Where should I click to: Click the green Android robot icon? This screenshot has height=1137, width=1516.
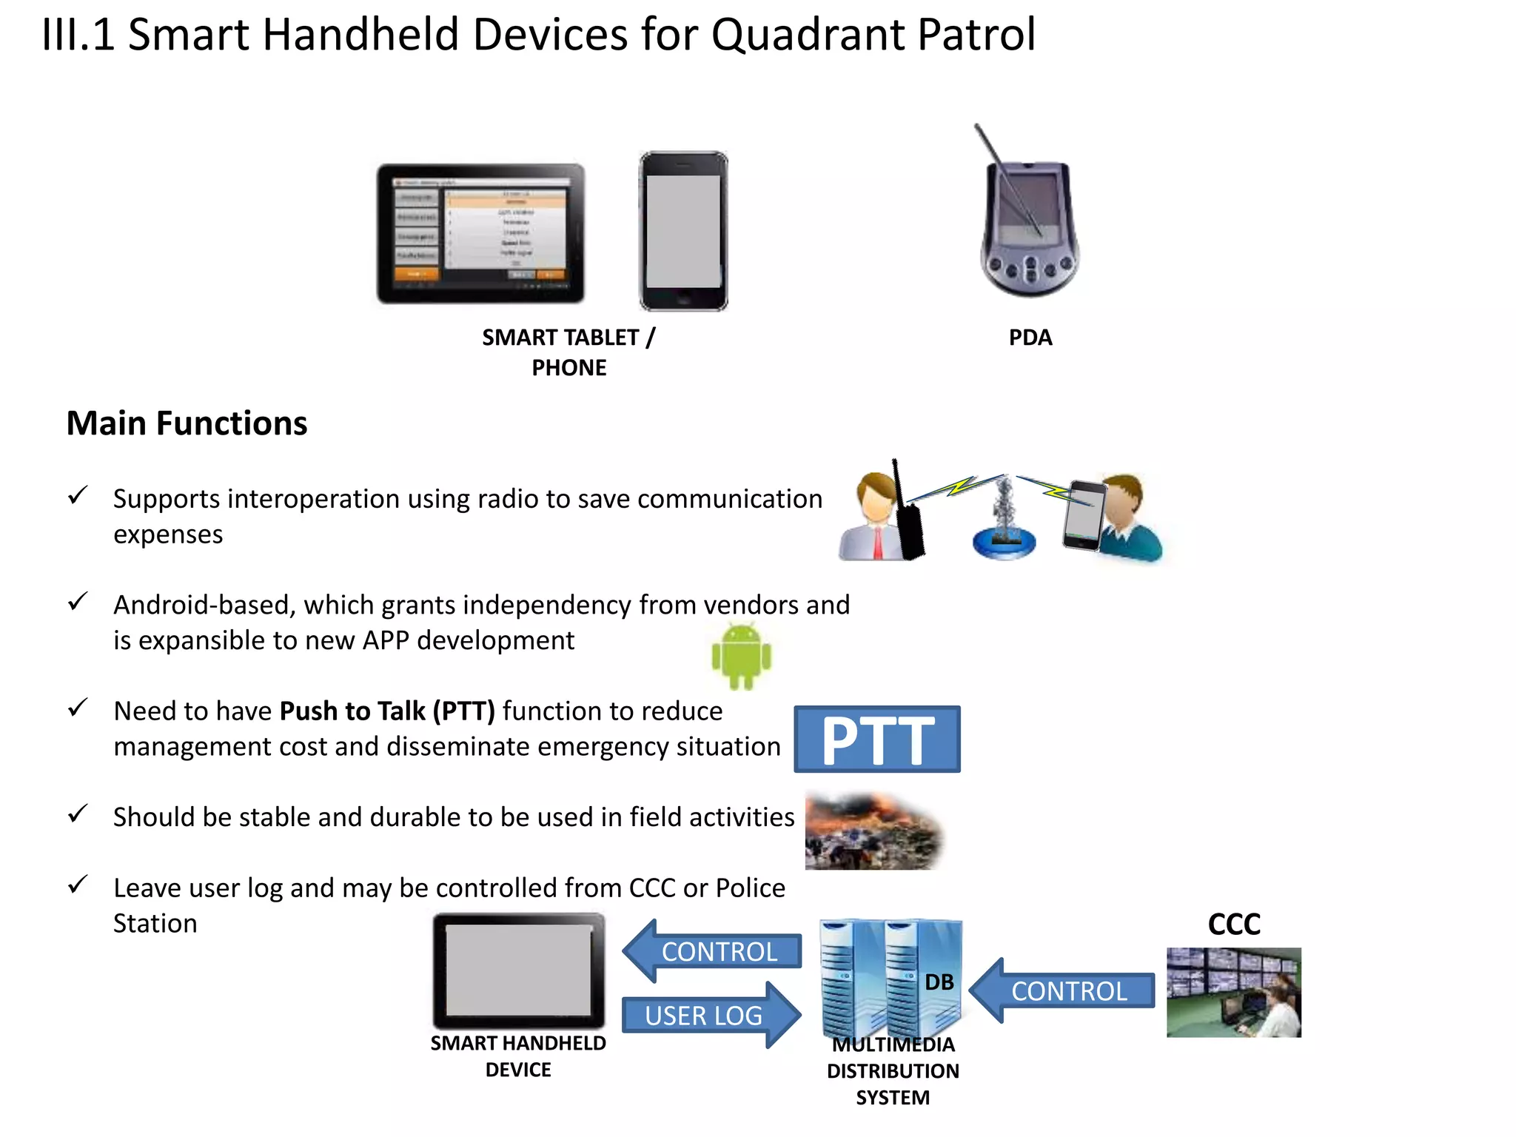point(741,655)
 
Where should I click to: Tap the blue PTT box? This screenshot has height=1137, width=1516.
point(877,739)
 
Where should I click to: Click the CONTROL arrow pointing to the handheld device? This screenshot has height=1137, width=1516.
point(712,951)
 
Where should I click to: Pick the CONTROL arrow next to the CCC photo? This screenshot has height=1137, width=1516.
point(1062,990)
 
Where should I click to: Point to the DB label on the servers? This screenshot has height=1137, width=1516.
point(939,982)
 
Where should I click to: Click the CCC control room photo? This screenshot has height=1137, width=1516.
point(1233,992)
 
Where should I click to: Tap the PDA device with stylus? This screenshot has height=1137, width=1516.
point(1029,222)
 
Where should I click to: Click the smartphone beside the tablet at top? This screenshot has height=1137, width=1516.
point(683,231)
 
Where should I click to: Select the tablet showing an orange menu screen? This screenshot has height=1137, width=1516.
point(480,233)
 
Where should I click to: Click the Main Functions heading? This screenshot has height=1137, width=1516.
point(187,423)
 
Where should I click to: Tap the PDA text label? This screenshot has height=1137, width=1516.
point(1030,338)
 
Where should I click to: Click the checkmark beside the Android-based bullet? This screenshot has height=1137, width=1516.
point(78,601)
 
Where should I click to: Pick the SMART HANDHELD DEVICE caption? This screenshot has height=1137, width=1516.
point(518,1056)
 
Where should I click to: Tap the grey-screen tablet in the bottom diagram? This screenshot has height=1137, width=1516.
point(518,970)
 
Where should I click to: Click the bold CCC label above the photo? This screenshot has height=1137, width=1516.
point(1234,924)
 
